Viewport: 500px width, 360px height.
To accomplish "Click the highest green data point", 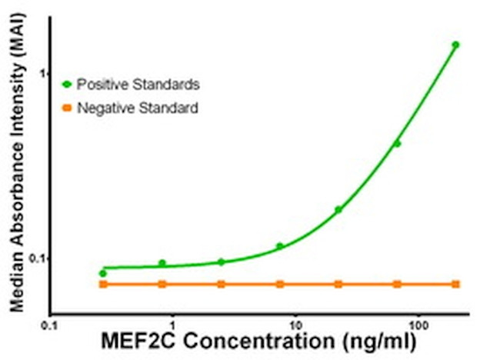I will click(455, 45).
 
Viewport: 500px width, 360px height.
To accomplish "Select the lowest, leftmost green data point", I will click(103, 273).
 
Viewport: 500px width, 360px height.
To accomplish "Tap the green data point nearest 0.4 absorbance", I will click(397, 143).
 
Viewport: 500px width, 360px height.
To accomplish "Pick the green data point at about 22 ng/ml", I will click(338, 209).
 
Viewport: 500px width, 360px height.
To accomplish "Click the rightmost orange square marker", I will click(455, 285).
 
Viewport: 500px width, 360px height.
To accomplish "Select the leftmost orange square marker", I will click(103, 285).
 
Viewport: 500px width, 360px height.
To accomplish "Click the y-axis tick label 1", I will click(43, 74).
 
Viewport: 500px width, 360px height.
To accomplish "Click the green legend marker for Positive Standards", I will click(67, 82).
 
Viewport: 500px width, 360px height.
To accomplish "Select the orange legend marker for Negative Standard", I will click(67, 108).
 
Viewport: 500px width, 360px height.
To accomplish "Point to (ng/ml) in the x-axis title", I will click(378, 340).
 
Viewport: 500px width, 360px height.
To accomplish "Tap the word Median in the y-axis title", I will click(16, 285).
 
